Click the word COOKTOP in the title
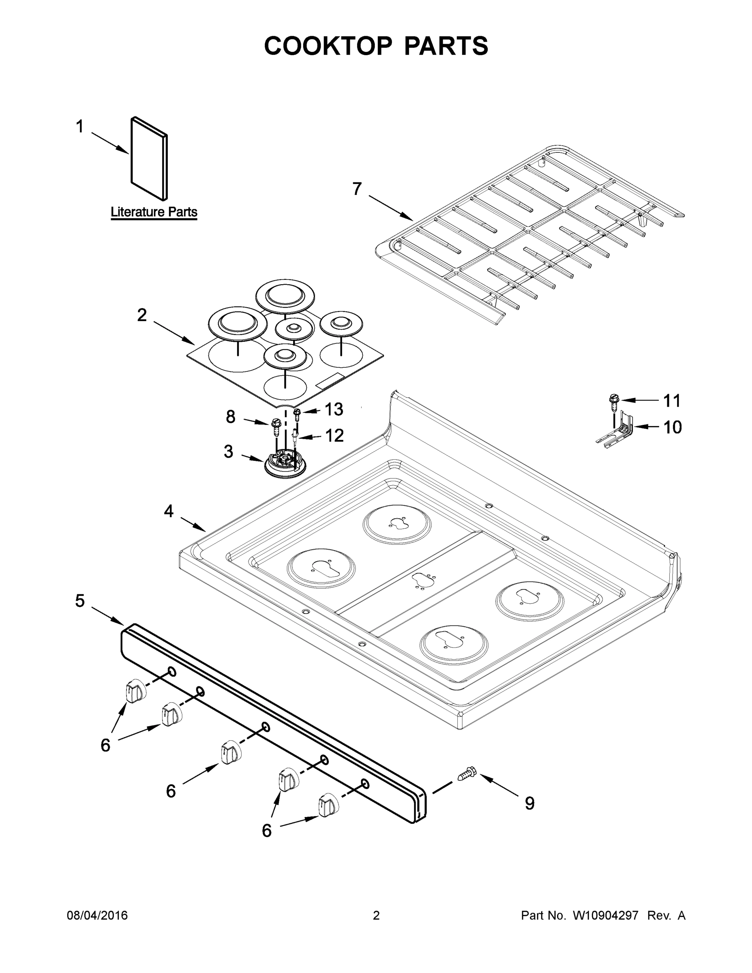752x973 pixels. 328,45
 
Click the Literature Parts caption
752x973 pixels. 154,212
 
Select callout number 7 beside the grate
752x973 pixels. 357,189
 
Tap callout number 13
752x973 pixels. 334,409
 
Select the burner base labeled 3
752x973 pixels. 285,464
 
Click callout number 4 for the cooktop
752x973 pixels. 168,511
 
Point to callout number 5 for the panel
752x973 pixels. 80,600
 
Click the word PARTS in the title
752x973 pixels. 446,45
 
